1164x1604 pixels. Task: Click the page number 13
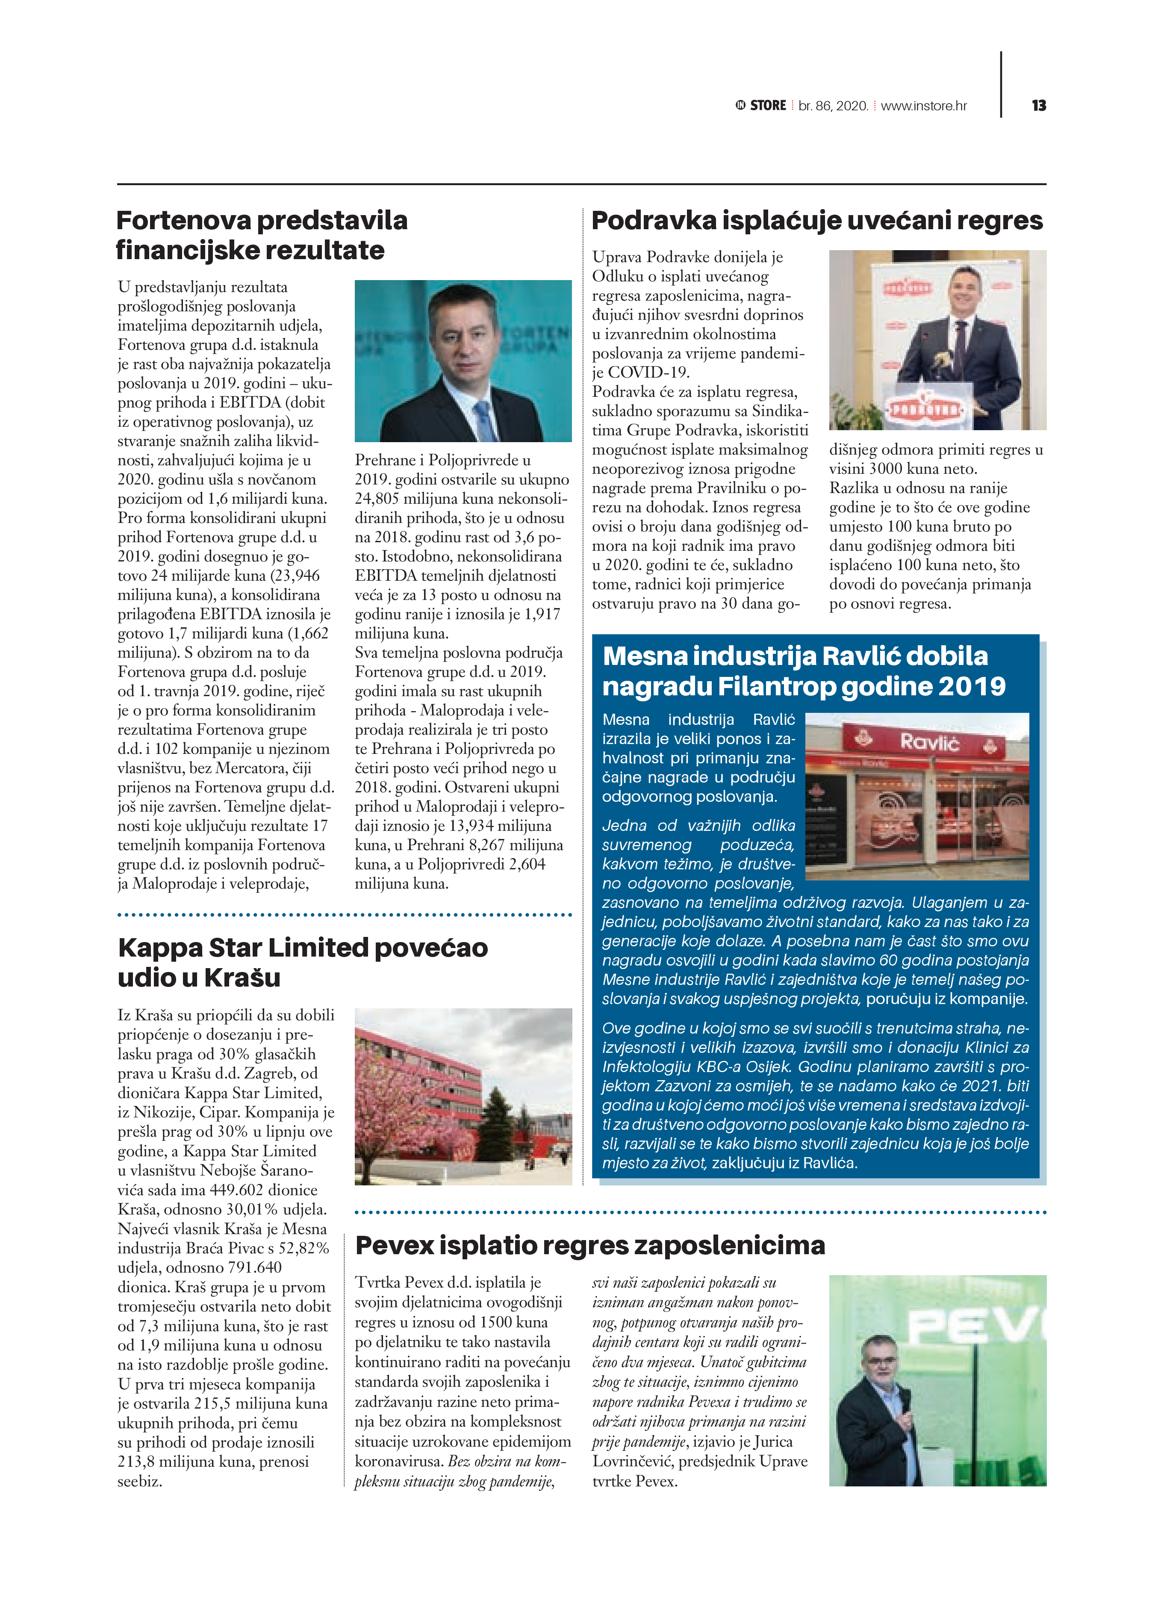coord(1038,105)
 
